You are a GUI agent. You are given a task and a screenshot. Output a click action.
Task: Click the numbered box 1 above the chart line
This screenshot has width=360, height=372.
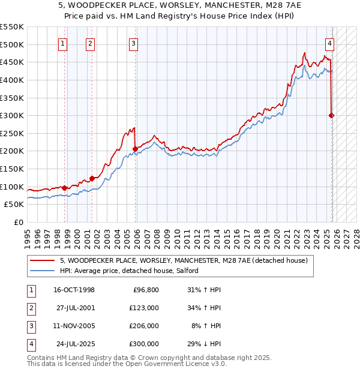pos(63,43)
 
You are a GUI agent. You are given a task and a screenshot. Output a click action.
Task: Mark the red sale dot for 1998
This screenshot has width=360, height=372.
pos(64,188)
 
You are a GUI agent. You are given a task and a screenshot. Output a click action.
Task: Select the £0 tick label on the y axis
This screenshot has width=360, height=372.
pos(17,222)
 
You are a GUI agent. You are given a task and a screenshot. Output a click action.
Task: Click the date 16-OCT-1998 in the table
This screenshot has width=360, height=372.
pos(74,290)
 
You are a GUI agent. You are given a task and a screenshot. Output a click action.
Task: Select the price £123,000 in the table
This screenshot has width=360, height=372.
pos(144,308)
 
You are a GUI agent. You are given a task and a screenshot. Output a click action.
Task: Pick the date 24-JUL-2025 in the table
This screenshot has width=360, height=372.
pos(74,344)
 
